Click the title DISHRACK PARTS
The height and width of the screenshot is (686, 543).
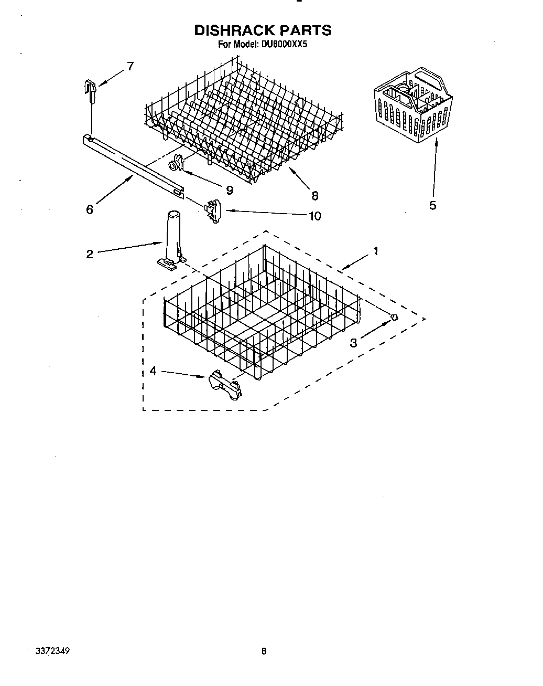(263, 30)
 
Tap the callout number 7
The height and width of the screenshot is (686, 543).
(130, 67)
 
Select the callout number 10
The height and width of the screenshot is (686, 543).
(314, 216)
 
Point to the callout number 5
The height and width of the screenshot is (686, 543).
(432, 206)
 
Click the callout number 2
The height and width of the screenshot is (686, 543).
(90, 254)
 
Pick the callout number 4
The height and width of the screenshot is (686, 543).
(153, 371)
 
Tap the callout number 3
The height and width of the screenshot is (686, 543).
(354, 343)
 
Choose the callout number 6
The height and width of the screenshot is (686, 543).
(90, 209)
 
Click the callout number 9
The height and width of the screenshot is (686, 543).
(229, 191)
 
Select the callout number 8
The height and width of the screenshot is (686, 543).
(314, 196)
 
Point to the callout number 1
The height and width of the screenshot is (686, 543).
(375, 251)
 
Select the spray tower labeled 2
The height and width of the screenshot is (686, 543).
(171, 239)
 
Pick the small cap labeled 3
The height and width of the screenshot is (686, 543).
(394, 317)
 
